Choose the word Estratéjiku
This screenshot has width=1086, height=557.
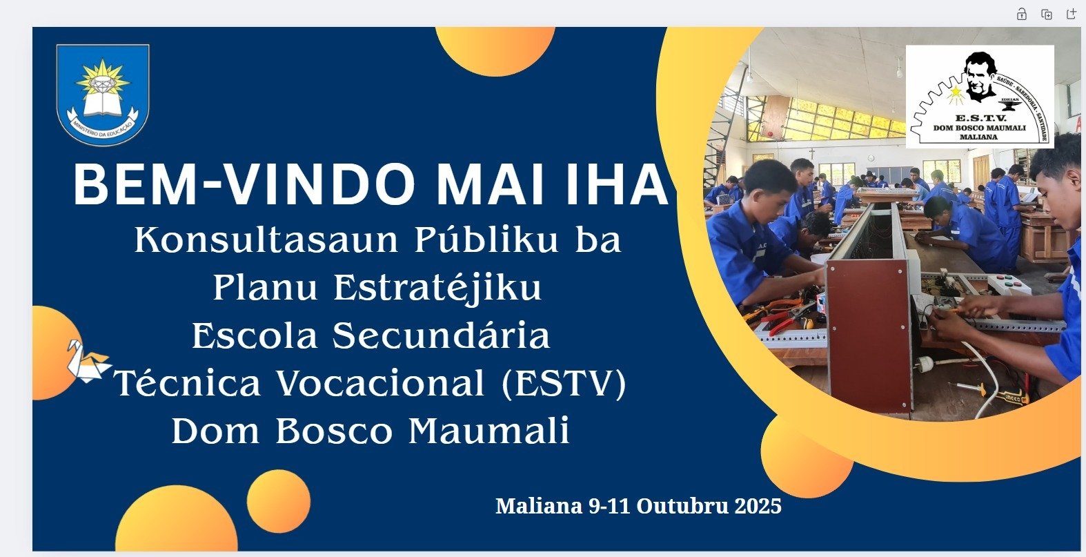[437, 287]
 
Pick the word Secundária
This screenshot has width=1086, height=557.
[441, 335]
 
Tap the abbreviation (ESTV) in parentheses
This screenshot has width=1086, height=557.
[564, 383]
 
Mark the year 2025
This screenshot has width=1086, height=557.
[758, 506]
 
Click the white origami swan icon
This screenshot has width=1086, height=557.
[88, 361]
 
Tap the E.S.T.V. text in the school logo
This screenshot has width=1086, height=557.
[979, 117]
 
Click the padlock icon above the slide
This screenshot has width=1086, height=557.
[1022, 14]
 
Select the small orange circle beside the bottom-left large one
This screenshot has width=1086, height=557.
[278, 501]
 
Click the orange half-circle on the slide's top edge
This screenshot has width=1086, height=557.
[495, 48]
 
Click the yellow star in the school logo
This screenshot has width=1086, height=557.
[956, 92]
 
